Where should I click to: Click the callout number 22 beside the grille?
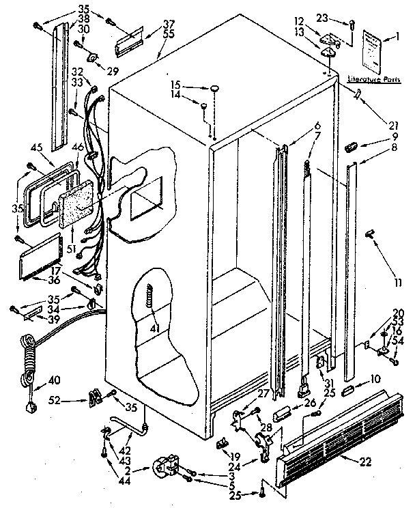tap(365, 462)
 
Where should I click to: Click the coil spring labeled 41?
tap(151, 300)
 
